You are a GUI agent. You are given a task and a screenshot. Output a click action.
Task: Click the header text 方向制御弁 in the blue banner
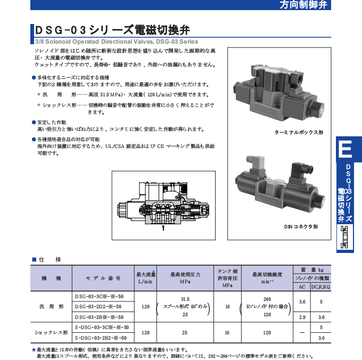click(x=319, y=6)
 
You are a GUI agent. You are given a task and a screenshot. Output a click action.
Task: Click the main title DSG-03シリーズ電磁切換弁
click(x=112, y=30)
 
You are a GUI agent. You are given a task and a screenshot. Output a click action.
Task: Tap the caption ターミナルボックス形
click(x=299, y=132)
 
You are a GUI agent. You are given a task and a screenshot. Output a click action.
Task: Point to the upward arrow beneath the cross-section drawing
click(x=163, y=228)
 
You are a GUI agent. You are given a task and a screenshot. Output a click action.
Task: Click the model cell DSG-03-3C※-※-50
click(x=100, y=297)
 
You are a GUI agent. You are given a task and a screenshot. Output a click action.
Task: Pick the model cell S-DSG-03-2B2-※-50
click(x=101, y=337)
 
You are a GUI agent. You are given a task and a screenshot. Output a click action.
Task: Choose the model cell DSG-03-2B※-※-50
click(x=100, y=316)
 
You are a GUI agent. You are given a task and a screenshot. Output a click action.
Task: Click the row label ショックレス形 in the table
click(x=52, y=332)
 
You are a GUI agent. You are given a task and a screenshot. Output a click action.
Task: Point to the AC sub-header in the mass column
click(x=302, y=287)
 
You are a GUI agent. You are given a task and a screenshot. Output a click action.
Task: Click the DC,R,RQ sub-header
click(x=321, y=287)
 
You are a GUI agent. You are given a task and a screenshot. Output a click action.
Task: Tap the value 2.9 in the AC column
click(x=302, y=317)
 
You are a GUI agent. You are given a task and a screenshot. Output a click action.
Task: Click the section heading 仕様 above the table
click(x=50, y=259)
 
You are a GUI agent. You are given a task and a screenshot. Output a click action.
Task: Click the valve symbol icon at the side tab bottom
click(x=345, y=237)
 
